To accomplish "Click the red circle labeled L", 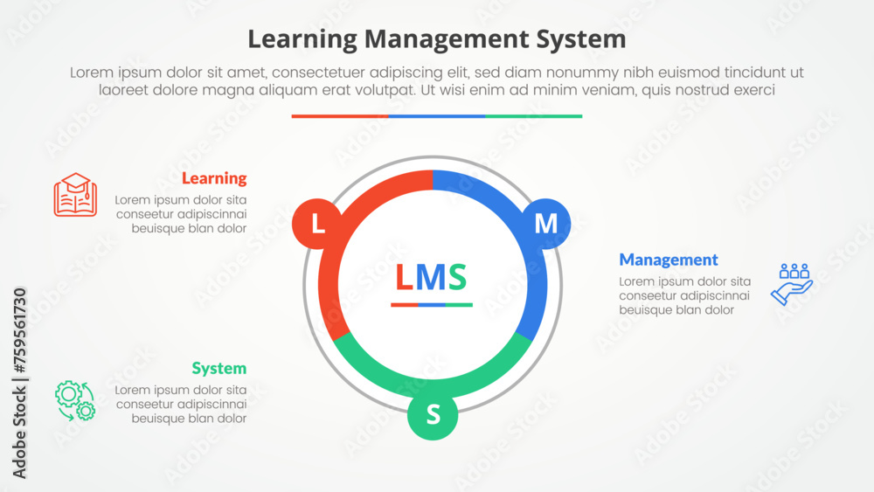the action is coord(317,224).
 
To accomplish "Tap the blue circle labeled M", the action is coord(545,224).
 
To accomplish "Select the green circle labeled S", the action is coord(433,414).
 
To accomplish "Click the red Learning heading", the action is coord(214,178).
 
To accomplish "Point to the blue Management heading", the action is coord(669,260).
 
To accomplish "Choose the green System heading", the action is coord(219,368).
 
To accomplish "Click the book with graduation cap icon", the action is coord(75,194).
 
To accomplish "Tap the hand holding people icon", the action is coord(792,284).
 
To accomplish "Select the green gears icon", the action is coord(75,400).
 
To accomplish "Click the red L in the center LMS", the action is coord(404,278).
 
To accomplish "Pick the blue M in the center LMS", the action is coord(431,278).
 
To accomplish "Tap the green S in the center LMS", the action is coord(457,278).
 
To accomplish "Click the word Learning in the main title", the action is coord(302,39).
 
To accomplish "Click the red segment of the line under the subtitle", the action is coord(340,115).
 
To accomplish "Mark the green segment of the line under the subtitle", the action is coord(533,115).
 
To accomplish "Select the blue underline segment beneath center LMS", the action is coord(432,305).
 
